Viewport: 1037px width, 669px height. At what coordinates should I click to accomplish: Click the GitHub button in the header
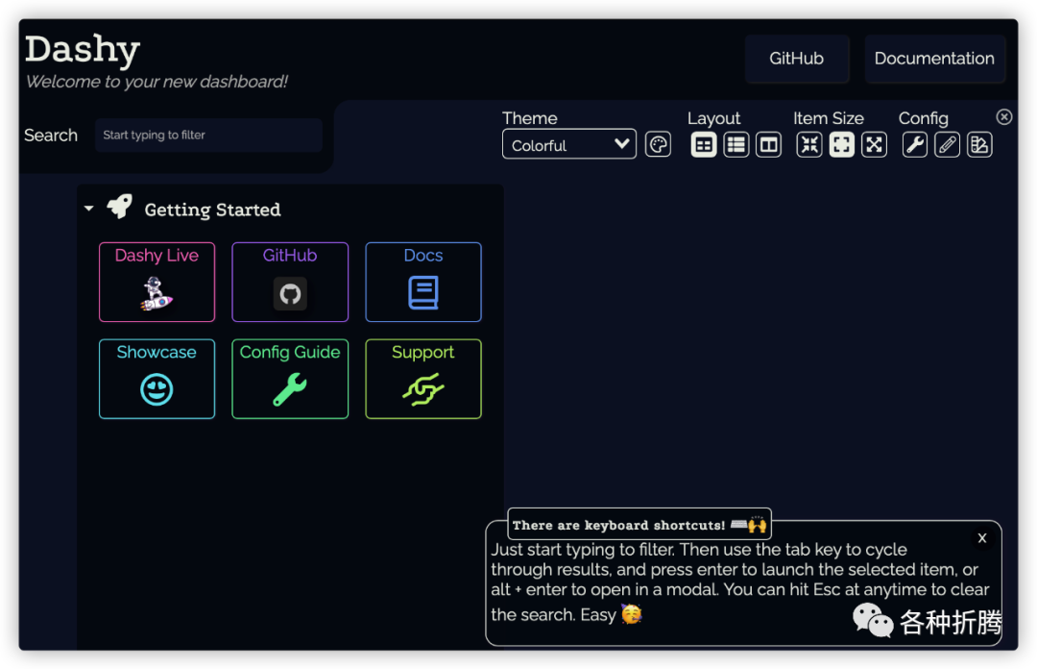(797, 59)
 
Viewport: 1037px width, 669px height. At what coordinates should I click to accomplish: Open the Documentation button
(934, 59)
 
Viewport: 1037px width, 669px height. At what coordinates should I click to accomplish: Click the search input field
(207, 136)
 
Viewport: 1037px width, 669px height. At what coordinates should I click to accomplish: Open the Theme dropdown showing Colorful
(568, 144)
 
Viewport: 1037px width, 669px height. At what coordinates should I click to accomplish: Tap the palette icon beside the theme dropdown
(658, 144)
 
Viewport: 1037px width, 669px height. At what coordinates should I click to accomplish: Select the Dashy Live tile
(157, 282)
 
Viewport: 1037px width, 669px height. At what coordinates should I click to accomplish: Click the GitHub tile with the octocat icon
(290, 282)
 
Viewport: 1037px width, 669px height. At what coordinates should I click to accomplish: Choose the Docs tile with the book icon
(422, 282)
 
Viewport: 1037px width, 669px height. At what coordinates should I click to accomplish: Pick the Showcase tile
(157, 379)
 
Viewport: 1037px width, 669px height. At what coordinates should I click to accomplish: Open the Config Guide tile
(290, 379)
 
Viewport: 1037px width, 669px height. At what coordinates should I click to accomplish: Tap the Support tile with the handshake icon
(422, 379)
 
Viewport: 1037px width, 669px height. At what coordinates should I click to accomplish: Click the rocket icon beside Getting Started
(119, 206)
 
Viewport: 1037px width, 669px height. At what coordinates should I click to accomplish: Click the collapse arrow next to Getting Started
(89, 208)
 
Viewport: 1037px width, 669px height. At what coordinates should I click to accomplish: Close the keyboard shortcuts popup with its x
(982, 538)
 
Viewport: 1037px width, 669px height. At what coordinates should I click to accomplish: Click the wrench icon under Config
(915, 144)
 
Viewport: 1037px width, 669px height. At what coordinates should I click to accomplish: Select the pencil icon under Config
(947, 144)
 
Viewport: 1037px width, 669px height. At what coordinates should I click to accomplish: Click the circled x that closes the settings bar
(1004, 116)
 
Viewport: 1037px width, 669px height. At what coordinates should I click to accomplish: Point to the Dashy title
(83, 49)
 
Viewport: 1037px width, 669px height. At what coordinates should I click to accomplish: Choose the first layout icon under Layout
(704, 144)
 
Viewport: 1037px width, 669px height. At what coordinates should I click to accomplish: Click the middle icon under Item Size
(841, 144)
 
